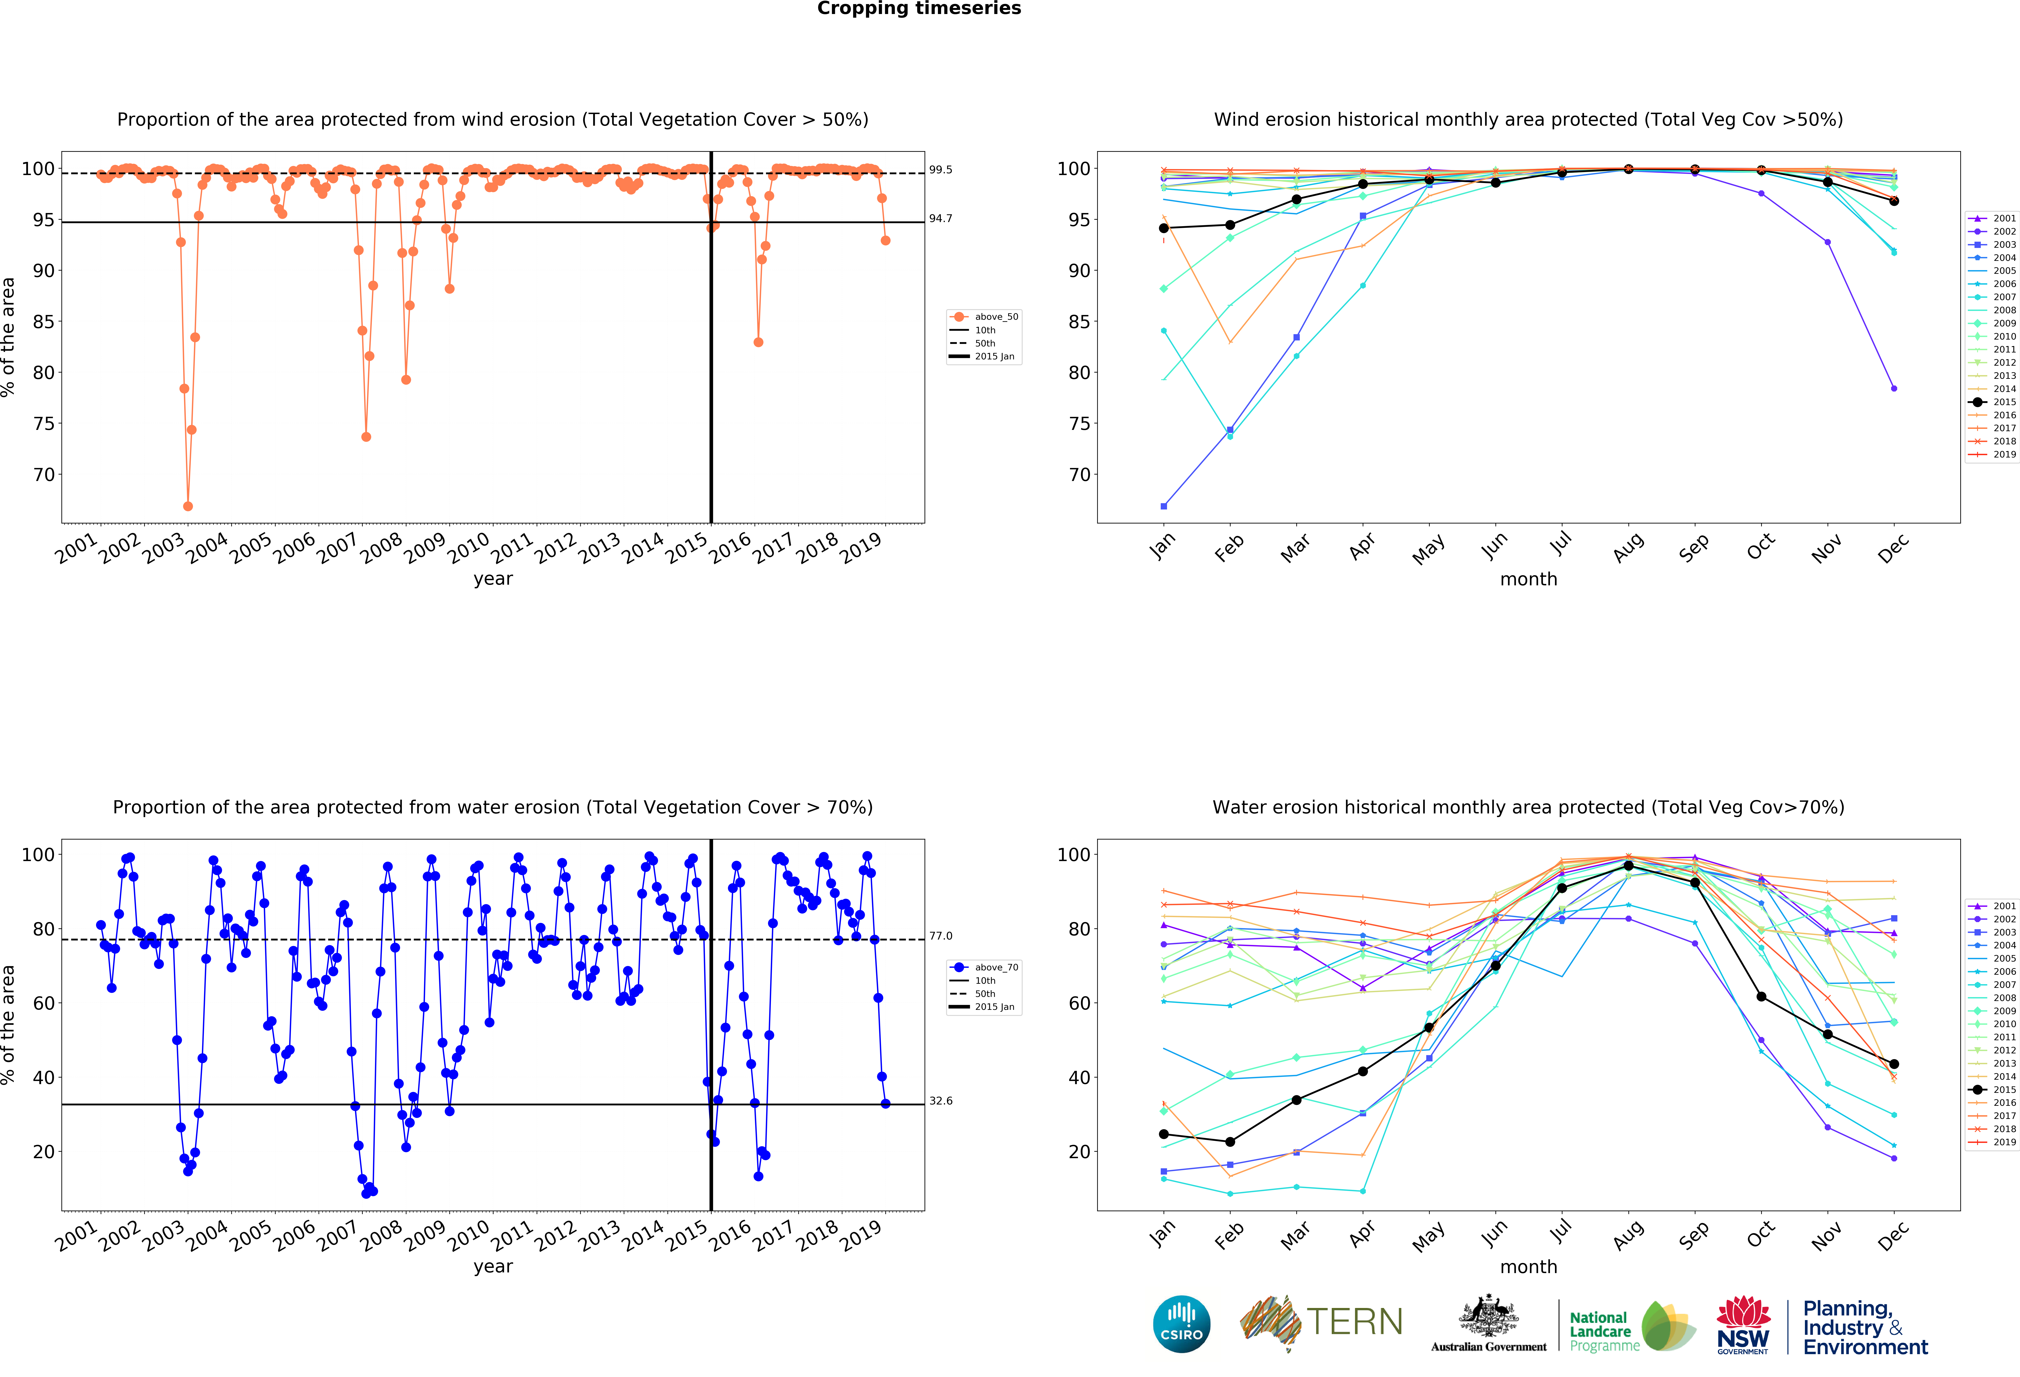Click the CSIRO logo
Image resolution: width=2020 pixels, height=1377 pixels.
[1181, 1324]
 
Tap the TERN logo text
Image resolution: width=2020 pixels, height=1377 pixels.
[1354, 1322]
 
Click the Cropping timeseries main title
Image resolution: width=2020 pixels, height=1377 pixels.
[919, 9]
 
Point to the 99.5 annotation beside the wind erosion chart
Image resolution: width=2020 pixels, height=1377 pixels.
[940, 169]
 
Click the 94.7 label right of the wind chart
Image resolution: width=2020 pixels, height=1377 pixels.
[940, 218]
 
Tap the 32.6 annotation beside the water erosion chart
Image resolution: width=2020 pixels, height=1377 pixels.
[940, 1101]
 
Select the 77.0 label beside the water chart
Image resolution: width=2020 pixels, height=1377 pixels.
[940, 935]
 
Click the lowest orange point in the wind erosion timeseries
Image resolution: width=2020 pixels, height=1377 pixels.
[188, 506]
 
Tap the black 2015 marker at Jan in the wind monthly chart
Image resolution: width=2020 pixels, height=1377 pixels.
[1164, 228]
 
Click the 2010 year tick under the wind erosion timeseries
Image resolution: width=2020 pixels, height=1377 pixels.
[469, 548]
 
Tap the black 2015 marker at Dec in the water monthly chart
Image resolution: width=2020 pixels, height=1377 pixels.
[1894, 1064]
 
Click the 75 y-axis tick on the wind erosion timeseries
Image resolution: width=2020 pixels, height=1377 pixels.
[44, 423]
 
